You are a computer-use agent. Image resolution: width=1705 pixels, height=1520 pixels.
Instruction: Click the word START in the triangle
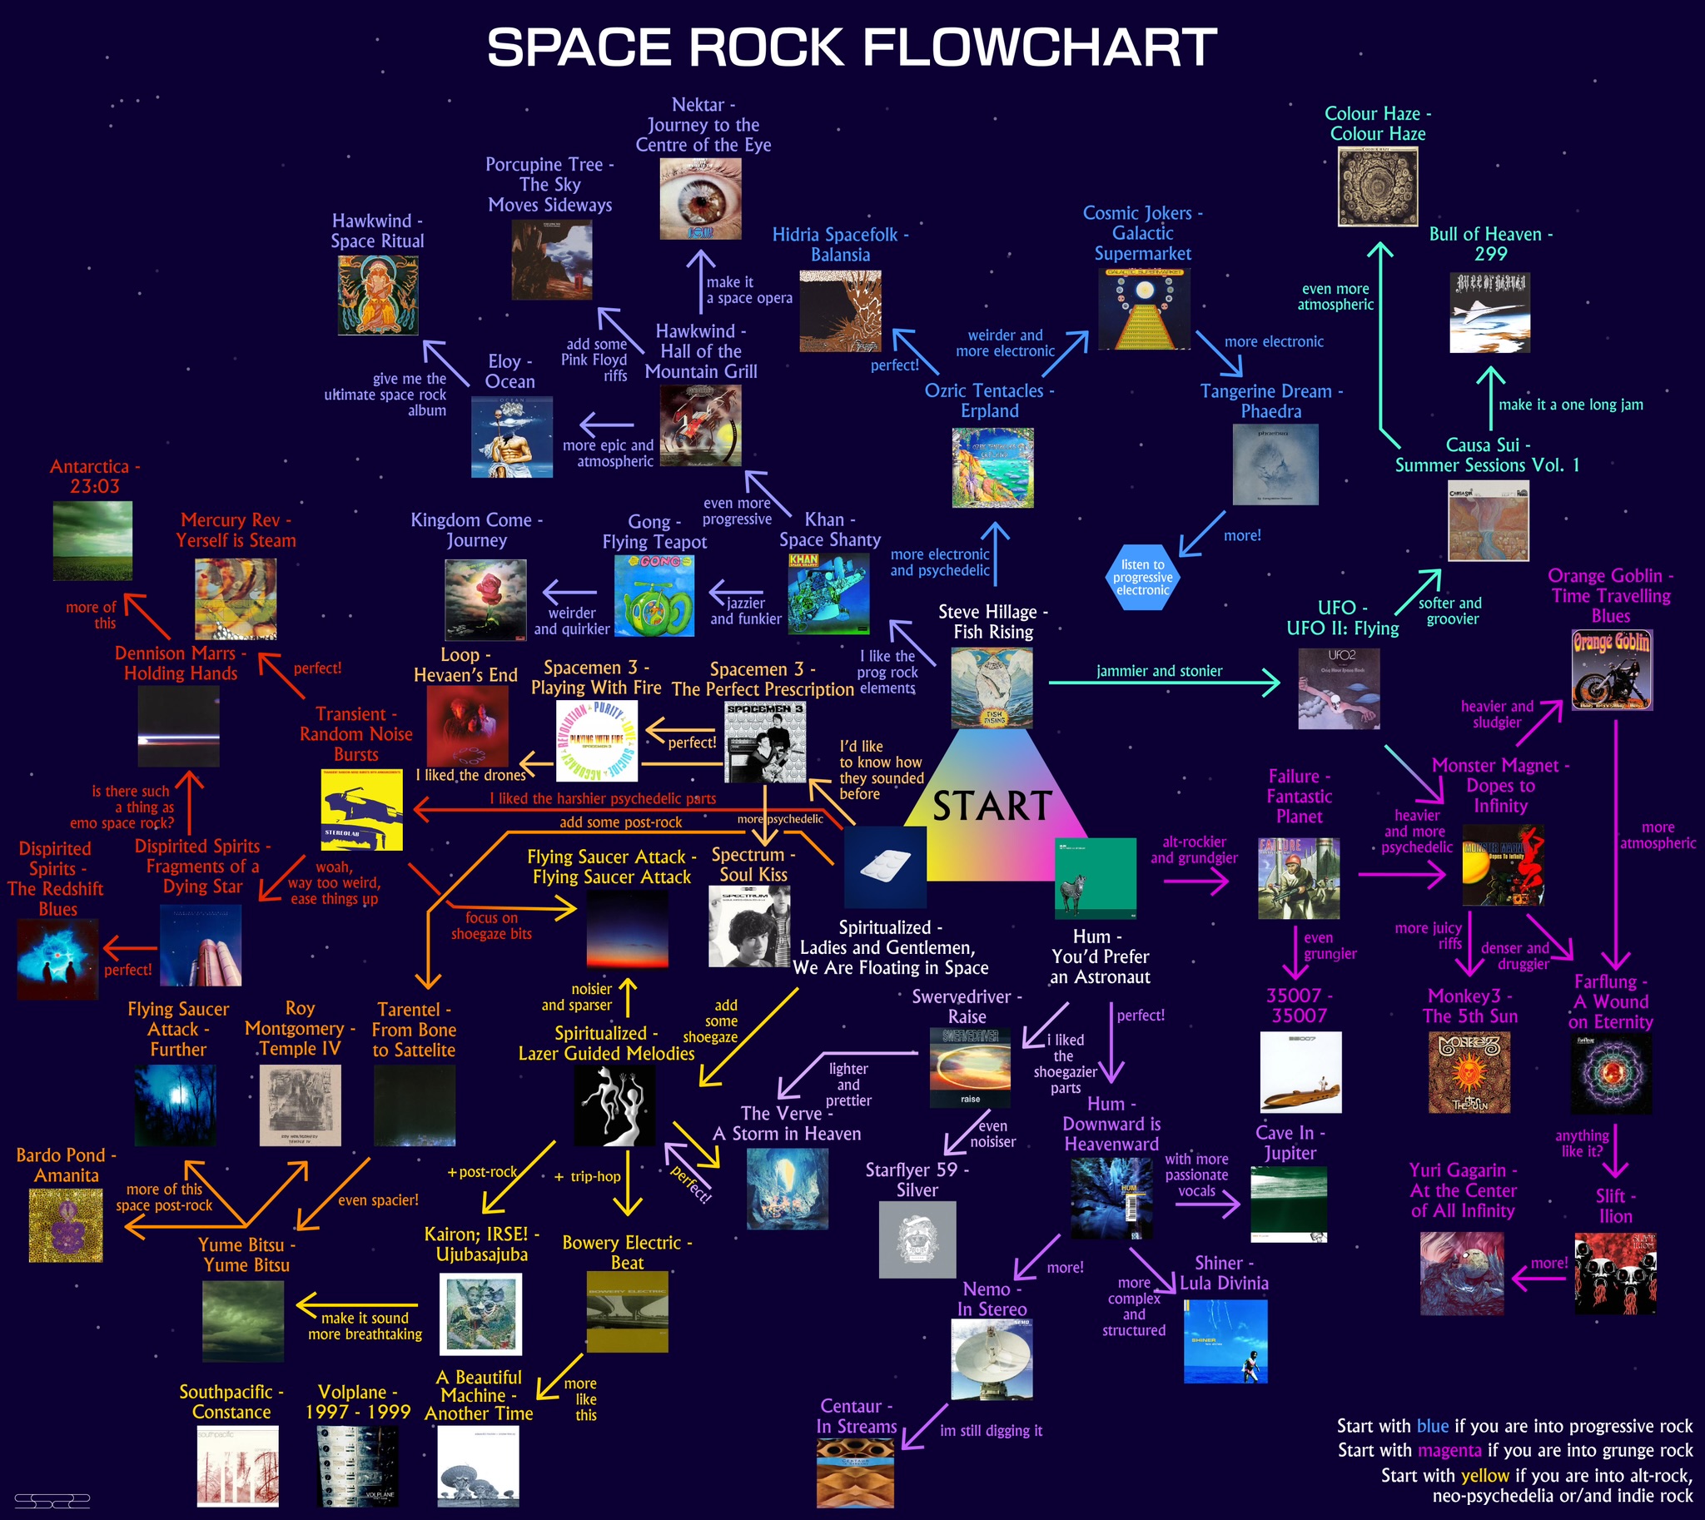(x=992, y=806)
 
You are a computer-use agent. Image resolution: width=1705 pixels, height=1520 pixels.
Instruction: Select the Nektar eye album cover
(x=700, y=200)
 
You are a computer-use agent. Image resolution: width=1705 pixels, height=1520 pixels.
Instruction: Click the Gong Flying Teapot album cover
(x=654, y=595)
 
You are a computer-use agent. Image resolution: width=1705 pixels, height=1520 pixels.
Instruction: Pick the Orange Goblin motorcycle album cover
(x=1612, y=670)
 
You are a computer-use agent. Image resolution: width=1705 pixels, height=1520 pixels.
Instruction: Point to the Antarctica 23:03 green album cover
(x=92, y=540)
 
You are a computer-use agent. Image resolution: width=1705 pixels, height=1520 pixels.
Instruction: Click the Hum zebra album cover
(x=1095, y=878)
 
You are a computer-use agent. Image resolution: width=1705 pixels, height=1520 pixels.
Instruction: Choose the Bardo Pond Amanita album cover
(x=66, y=1225)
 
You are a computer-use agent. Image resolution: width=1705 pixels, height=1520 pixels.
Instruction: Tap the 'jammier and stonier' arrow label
(x=1159, y=671)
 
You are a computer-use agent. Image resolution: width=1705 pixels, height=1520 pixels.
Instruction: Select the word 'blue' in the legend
(x=1433, y=1426)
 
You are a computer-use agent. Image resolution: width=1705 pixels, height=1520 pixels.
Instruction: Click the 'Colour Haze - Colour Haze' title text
(x=1377, y=123)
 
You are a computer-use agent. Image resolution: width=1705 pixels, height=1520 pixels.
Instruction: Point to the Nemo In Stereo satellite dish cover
(x=992, y=1359)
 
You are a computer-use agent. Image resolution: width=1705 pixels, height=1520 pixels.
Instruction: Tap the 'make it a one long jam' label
(x=1570, y=405)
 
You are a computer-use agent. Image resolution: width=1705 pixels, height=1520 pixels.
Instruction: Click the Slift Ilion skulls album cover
(x=1615, y=1273)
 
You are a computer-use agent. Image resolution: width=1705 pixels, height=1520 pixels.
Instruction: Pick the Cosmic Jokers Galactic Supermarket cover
(x=1144, y=308)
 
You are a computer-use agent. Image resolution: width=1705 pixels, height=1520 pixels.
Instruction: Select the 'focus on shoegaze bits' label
(x=491, y=926)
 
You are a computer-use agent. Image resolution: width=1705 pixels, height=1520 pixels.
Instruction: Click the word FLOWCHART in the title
(x=1039, y=47)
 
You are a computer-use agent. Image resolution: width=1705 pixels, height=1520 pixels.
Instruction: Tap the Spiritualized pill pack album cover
(x=885, y=867)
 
